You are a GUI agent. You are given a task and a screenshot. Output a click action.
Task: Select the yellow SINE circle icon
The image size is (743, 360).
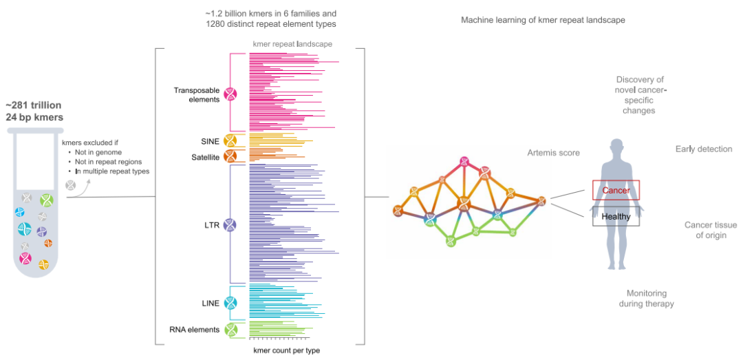tap(230, 141)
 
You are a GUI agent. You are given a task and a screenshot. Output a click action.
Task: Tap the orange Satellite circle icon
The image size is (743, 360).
tap(230, 156)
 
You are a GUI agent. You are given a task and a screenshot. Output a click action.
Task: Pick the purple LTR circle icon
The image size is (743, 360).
tap(230, 224)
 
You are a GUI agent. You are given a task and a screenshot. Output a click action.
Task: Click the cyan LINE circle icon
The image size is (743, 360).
tap(230, 303)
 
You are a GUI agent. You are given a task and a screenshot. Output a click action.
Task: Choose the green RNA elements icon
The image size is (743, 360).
tap(230, 330)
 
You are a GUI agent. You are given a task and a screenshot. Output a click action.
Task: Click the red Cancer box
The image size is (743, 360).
tap(616, 190)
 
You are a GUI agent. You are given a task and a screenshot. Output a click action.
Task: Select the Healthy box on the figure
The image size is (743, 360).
tap(616, 217)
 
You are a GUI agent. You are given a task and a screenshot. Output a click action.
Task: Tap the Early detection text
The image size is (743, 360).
tap(703, 149)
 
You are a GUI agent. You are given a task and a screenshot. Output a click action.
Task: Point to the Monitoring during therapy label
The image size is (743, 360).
tap(650, 298)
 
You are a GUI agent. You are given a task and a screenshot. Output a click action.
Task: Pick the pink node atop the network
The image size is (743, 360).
tap(465, 161)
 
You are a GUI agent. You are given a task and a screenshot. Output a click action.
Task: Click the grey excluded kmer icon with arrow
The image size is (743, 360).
tap(71, 185)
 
